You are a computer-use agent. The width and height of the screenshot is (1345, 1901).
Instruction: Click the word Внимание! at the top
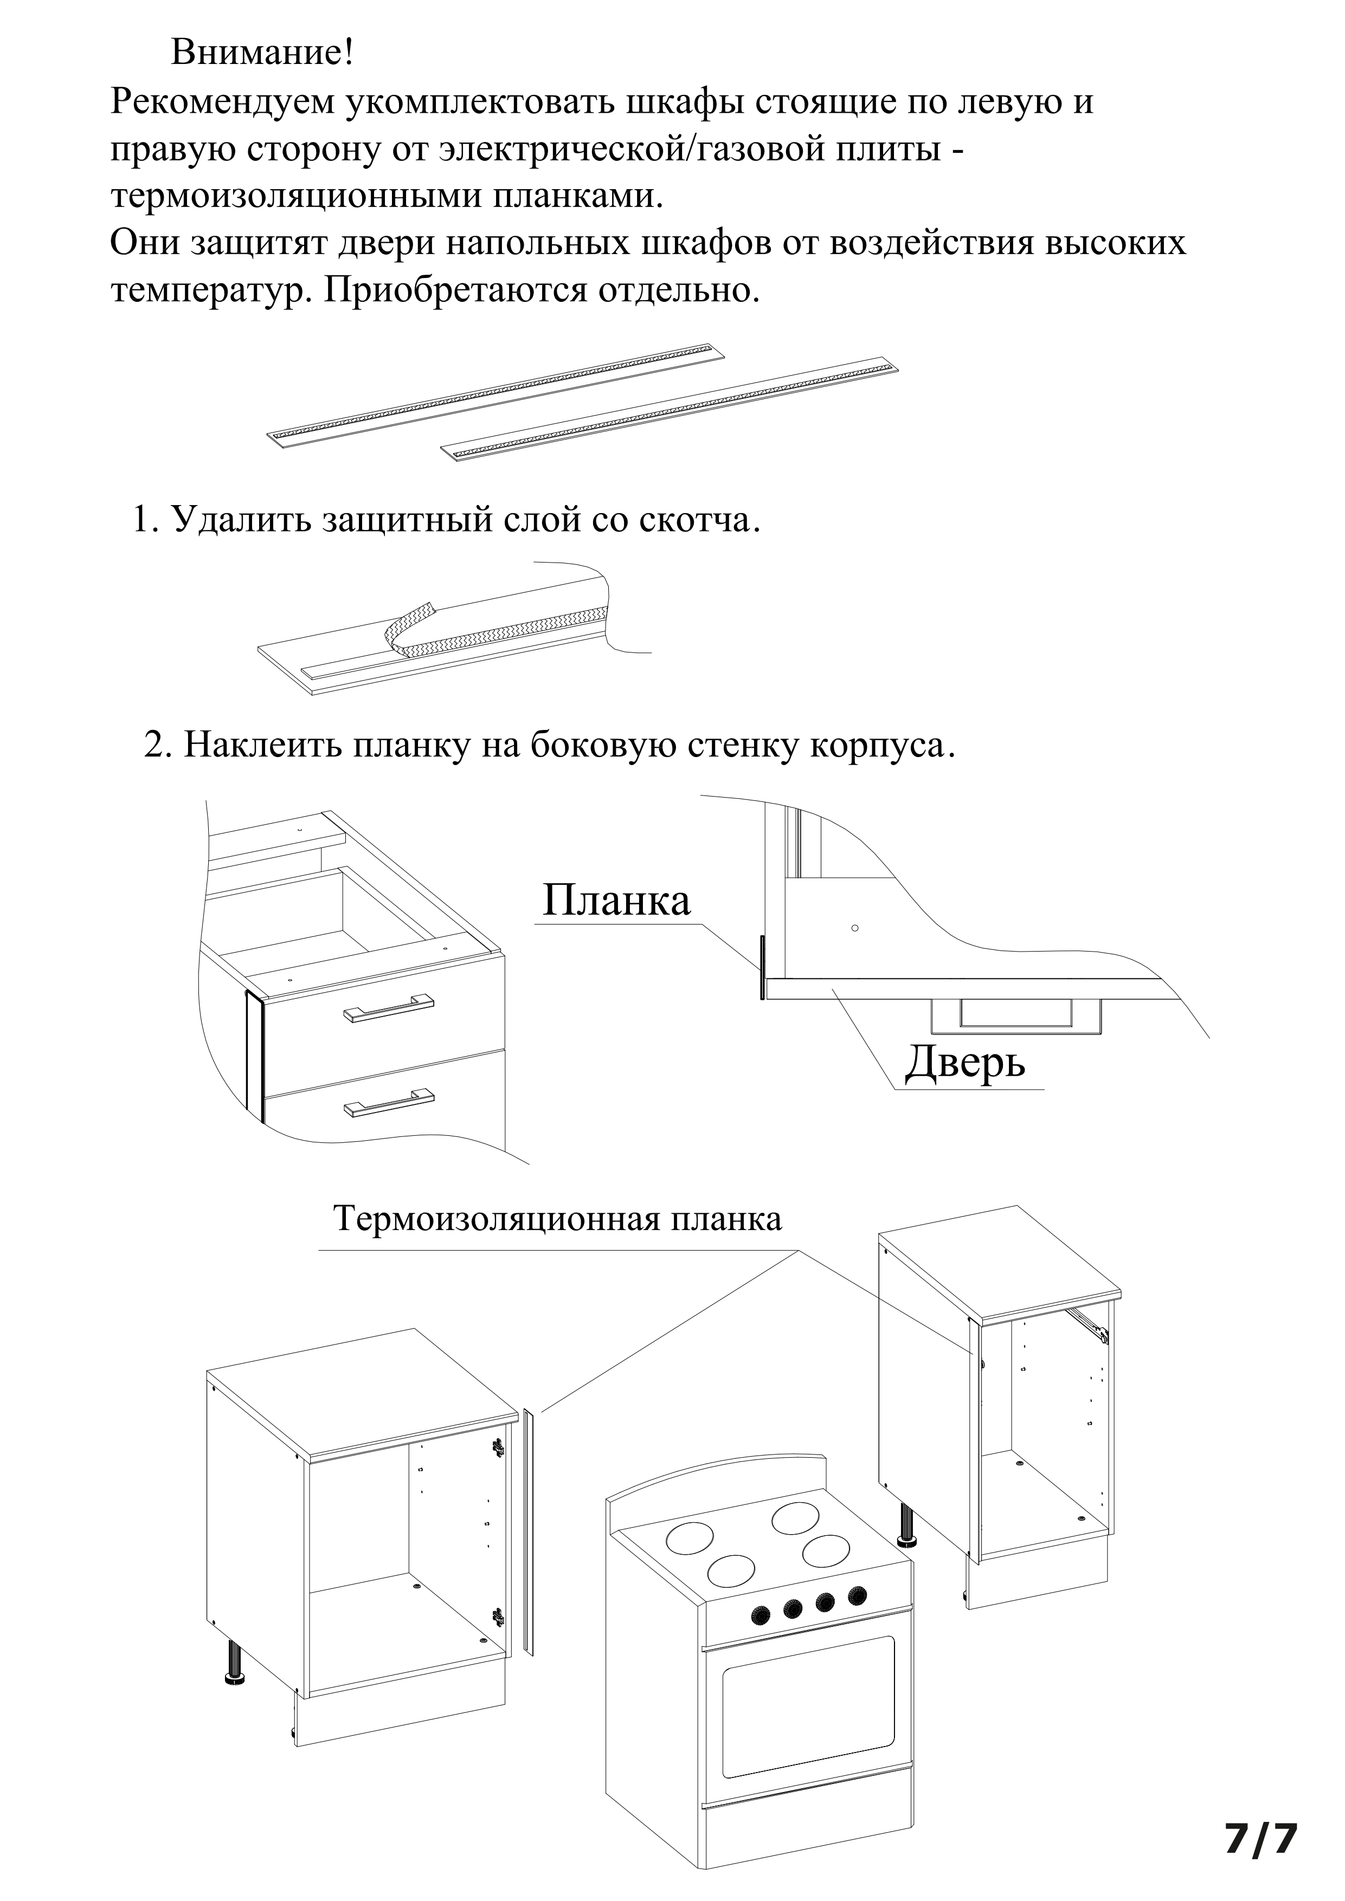pos(262,53)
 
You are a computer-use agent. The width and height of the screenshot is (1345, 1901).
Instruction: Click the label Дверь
pos(965,1062)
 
